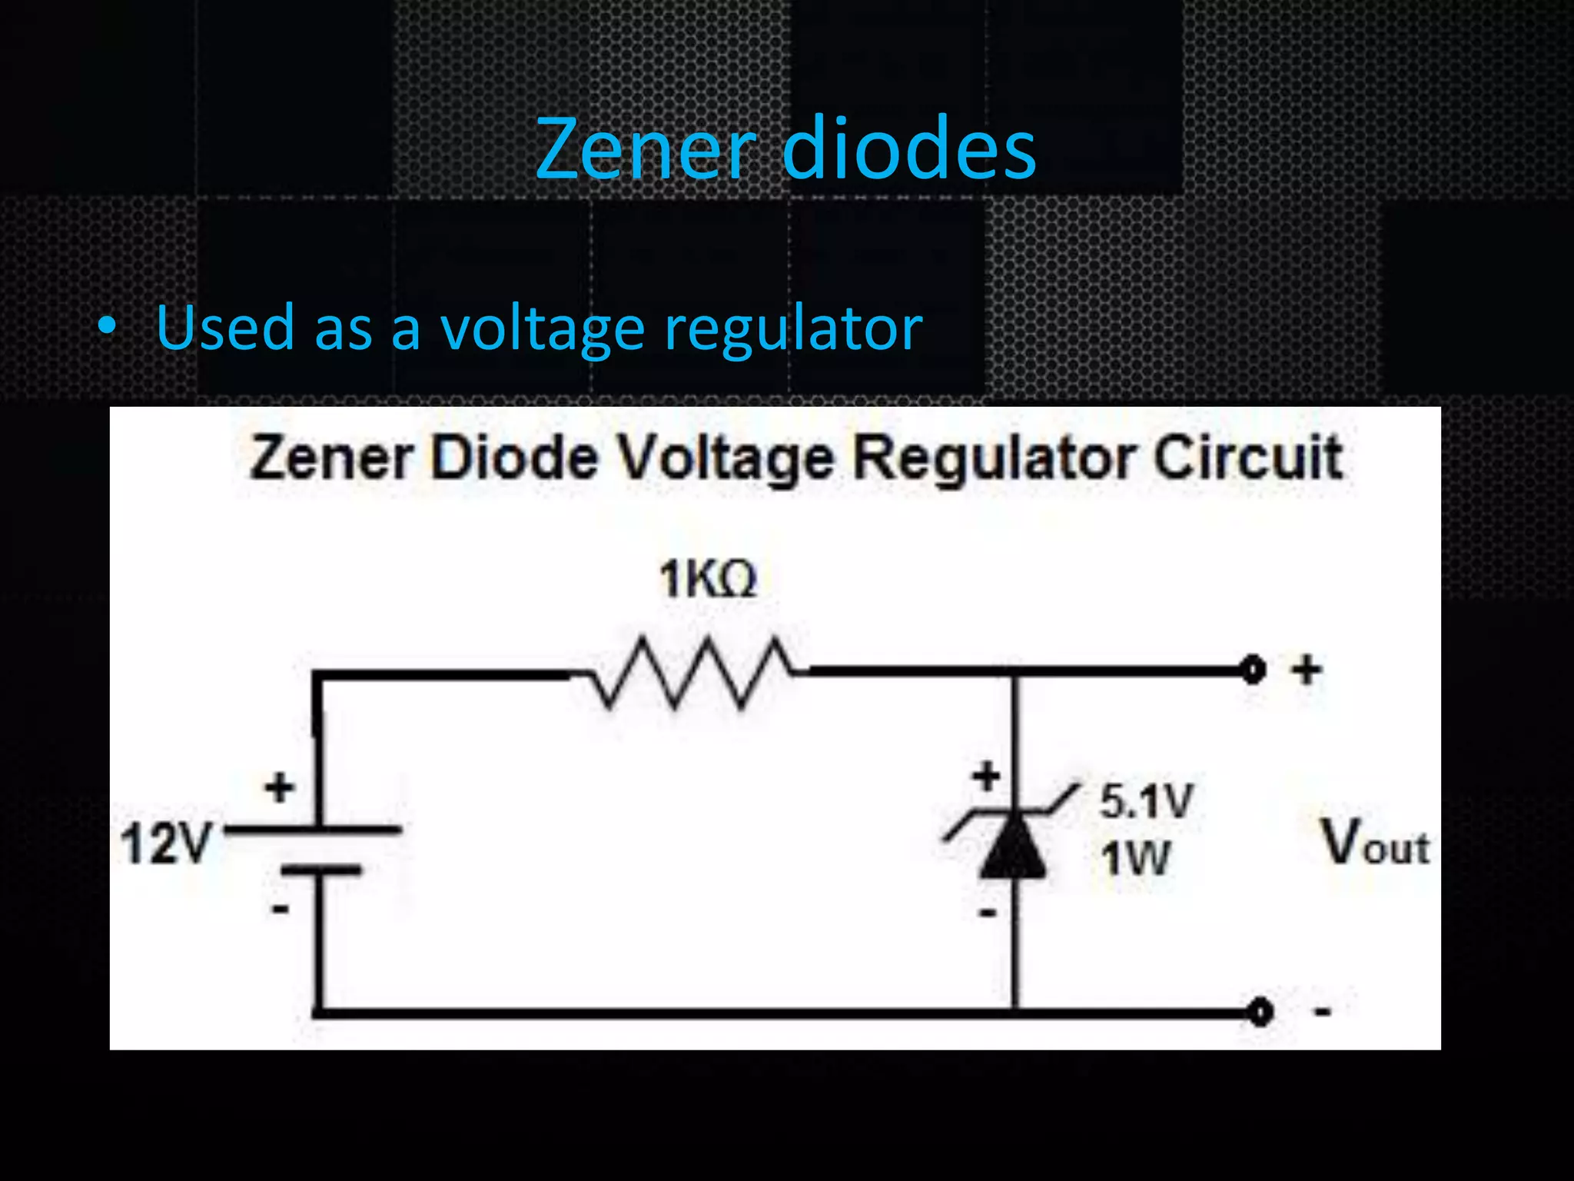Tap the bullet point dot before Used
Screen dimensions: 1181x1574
click(x=107, y=327)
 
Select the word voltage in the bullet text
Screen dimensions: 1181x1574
click(x=542, y=329)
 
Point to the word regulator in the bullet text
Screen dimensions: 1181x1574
click(x=792, y=329)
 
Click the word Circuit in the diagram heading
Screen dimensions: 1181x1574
click(x=1248, y=458)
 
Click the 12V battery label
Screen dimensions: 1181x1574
click(x=166, y=843)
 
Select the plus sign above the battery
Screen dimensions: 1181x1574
click(x=279, y=787)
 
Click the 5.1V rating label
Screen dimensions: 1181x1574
click(x=1146, y=800)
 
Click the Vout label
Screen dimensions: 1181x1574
click(x=1375, y=843)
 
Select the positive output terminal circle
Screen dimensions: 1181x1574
click(x=1254, y=670)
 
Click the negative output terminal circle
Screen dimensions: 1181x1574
click(x=1260, y=1012)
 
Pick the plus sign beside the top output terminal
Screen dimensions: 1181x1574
click(x=1306, y=670)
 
